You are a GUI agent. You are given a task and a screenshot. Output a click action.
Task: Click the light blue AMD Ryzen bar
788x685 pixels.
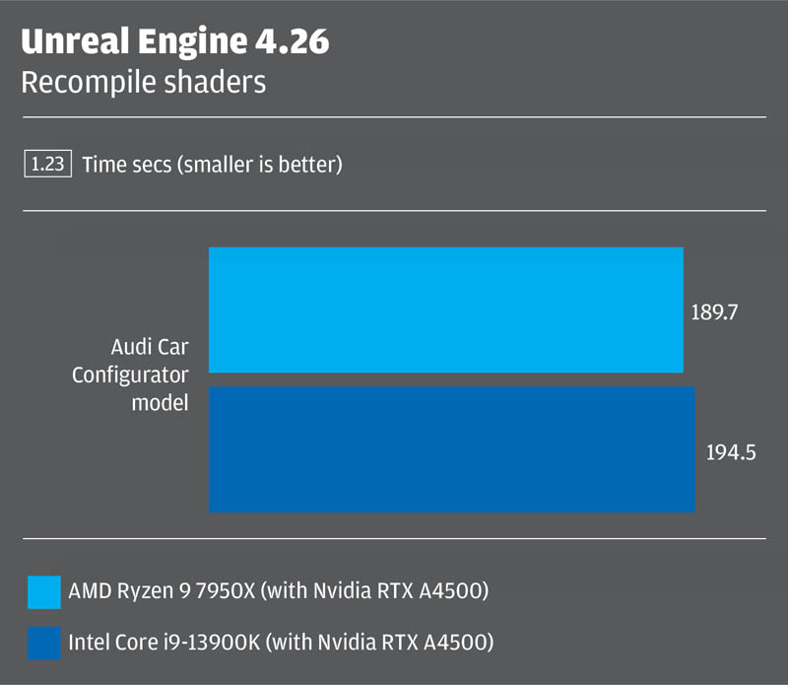[445, 309]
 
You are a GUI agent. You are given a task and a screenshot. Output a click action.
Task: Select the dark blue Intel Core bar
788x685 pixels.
[452, 449]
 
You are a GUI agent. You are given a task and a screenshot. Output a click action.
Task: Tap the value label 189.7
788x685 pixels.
[715, 312]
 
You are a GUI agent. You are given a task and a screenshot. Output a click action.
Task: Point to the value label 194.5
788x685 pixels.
[730, 453]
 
